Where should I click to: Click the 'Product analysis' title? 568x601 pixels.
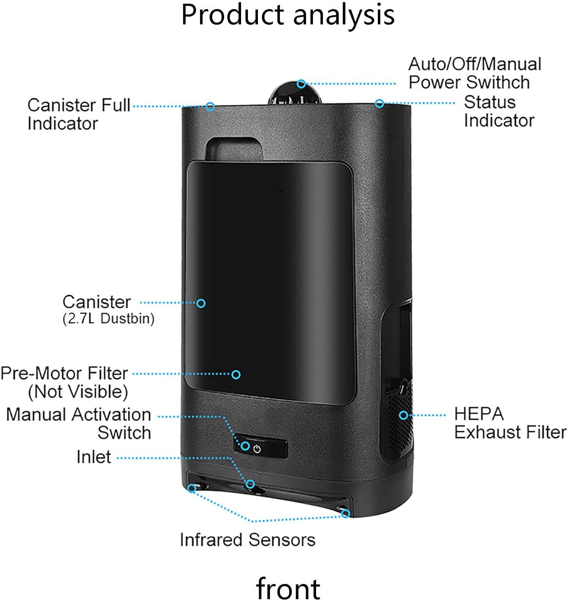pos(288,15)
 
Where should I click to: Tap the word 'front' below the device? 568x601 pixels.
pos(288,588)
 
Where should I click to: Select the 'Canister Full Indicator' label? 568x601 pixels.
pos(79,114)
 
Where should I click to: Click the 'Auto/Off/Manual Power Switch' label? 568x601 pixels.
pos(475,73)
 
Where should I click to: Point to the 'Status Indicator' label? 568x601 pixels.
pos(499,111)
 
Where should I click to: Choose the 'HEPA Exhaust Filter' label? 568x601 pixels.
pos(510,423)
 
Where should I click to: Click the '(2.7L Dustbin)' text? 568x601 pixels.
pos(108,319)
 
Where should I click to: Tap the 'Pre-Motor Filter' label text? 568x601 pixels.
pos(64,373)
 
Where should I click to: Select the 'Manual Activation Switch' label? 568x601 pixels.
pos(79,424)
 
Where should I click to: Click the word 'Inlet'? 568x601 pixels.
pos(93,457)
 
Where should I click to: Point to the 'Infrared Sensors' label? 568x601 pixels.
pos(247,540)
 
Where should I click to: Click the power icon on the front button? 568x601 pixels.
pos(257,449)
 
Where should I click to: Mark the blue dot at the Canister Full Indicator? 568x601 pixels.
pos(210,106)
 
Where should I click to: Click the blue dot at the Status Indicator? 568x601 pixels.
pos(379,103)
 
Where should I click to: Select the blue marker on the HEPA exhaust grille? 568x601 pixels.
pos(404,415)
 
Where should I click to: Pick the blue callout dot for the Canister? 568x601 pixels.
pos(201,303)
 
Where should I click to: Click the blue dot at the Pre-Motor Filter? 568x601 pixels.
pos(236,374)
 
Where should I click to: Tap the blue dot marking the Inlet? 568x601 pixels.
pos(250,484)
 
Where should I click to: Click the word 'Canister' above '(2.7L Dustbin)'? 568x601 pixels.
pos(97,302)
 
